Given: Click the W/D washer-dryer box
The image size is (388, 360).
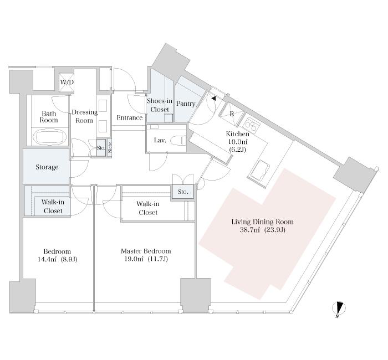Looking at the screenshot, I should [x=67, y=82].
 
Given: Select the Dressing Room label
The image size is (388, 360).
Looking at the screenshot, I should [x=84, y=116].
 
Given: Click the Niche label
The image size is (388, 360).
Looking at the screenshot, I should [x=110, y=148].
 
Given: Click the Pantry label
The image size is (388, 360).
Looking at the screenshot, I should [x=186, y=104].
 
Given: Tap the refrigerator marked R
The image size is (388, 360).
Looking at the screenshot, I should [x=232, y=114].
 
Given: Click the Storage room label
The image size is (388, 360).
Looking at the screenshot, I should [x=47, y=167].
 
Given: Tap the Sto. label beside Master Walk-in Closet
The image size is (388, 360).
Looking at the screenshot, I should [x=183, y=192].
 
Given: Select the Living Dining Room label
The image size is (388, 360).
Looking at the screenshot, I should [x=262, y=222].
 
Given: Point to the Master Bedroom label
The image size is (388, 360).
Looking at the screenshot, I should [x=146, y=251].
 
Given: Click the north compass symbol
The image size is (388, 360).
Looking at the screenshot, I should [x=339, y=309].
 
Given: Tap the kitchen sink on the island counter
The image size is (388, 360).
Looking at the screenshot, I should [x=259, y=172].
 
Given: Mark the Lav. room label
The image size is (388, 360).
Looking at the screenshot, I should [x=160, y=141].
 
